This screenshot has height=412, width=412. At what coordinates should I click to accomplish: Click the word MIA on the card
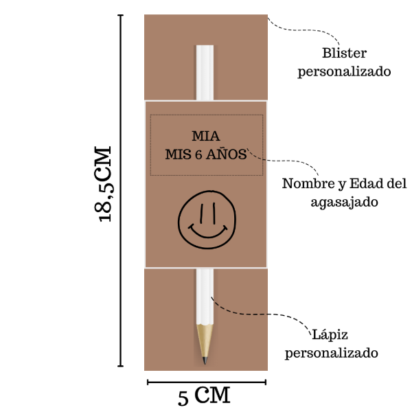pos(206,137)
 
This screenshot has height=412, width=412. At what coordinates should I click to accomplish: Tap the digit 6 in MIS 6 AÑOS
pos(199,155)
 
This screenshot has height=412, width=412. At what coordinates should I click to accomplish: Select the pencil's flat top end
pos(205,47)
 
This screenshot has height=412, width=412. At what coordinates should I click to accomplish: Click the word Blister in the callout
pos(344,54)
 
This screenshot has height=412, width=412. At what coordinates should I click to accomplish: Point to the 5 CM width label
pos(204,396)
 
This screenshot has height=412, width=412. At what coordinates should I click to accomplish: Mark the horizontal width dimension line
pos(206,382)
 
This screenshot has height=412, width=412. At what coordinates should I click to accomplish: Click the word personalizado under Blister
pos(344,71)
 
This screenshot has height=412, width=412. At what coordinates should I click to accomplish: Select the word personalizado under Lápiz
pos(331,354)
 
